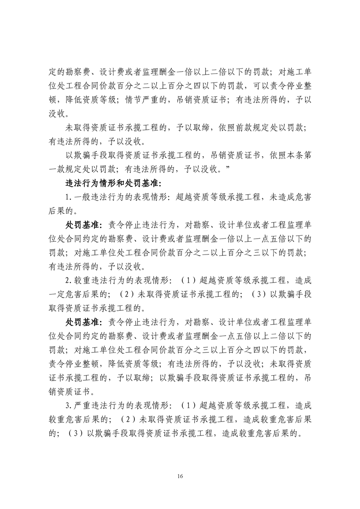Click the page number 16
[x=180, y=476]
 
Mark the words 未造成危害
[x=288, y=197]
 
